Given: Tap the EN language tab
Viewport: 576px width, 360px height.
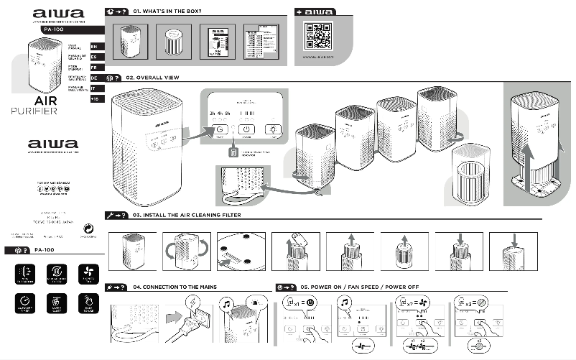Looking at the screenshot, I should (x=94, y=46).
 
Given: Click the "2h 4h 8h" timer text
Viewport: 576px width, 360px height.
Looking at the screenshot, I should (x=220, y=114).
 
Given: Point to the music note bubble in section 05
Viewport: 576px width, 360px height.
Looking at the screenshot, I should (x=345, y=304).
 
